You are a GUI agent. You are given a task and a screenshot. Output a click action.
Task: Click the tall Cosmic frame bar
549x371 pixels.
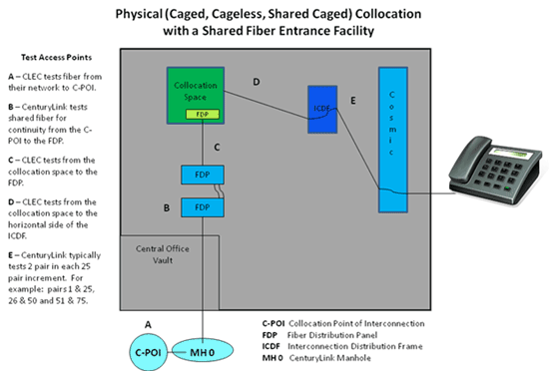coord(393,138)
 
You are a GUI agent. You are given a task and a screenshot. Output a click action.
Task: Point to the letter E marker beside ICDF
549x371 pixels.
coord(351,101)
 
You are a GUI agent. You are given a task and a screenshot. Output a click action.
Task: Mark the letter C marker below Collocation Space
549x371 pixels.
coord(217,148)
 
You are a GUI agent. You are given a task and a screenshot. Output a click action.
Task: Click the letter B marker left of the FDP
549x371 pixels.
coord(167,208)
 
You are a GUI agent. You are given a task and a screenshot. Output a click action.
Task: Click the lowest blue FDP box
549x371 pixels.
coord(203,207)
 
